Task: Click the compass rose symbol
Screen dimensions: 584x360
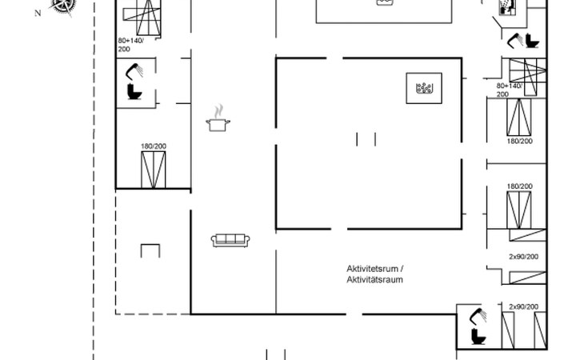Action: tap(62, 6)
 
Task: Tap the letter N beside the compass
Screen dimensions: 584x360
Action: tap(38, 14)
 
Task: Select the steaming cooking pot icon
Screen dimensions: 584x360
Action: tap(218, 118)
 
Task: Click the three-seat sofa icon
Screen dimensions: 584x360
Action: tap(230, 240)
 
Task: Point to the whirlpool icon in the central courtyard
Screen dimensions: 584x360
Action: tap(424, 88)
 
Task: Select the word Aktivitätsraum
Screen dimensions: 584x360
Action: tap(374, 279)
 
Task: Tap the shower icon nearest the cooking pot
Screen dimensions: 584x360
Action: tap(134, 71)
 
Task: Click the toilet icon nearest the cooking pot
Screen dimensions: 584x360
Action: tap(134, 91)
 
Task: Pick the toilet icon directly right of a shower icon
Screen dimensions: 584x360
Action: tap(532, 41)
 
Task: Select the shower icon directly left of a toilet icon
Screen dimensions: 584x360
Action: tap(515, 41)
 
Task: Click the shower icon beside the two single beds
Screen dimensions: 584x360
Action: tap(478, 316)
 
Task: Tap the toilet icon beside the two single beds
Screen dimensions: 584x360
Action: tap(478, 336)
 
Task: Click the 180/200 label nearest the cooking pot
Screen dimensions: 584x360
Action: tap(154, 146)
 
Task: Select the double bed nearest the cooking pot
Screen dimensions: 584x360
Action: tap(153, 170)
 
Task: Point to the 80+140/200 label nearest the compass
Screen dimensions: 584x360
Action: tap(130, 45)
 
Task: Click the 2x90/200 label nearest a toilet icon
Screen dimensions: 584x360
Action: tap(524, 306)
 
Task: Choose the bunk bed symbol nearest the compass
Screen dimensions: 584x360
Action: tap(142, 18)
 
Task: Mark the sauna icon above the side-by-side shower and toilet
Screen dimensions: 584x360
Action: tap(507, 7)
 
